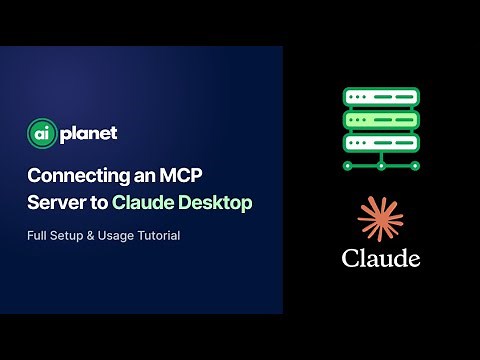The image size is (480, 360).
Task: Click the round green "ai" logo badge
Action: [x=40, y=133]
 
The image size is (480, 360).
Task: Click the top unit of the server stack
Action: [x=380, y=98]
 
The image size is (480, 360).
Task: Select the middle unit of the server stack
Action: [x=380, y=118]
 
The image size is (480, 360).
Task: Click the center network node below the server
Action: [x=380, y=164]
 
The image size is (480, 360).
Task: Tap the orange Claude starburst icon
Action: [x=381, y=219]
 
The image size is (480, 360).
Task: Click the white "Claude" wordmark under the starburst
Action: [x=381, y=257]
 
